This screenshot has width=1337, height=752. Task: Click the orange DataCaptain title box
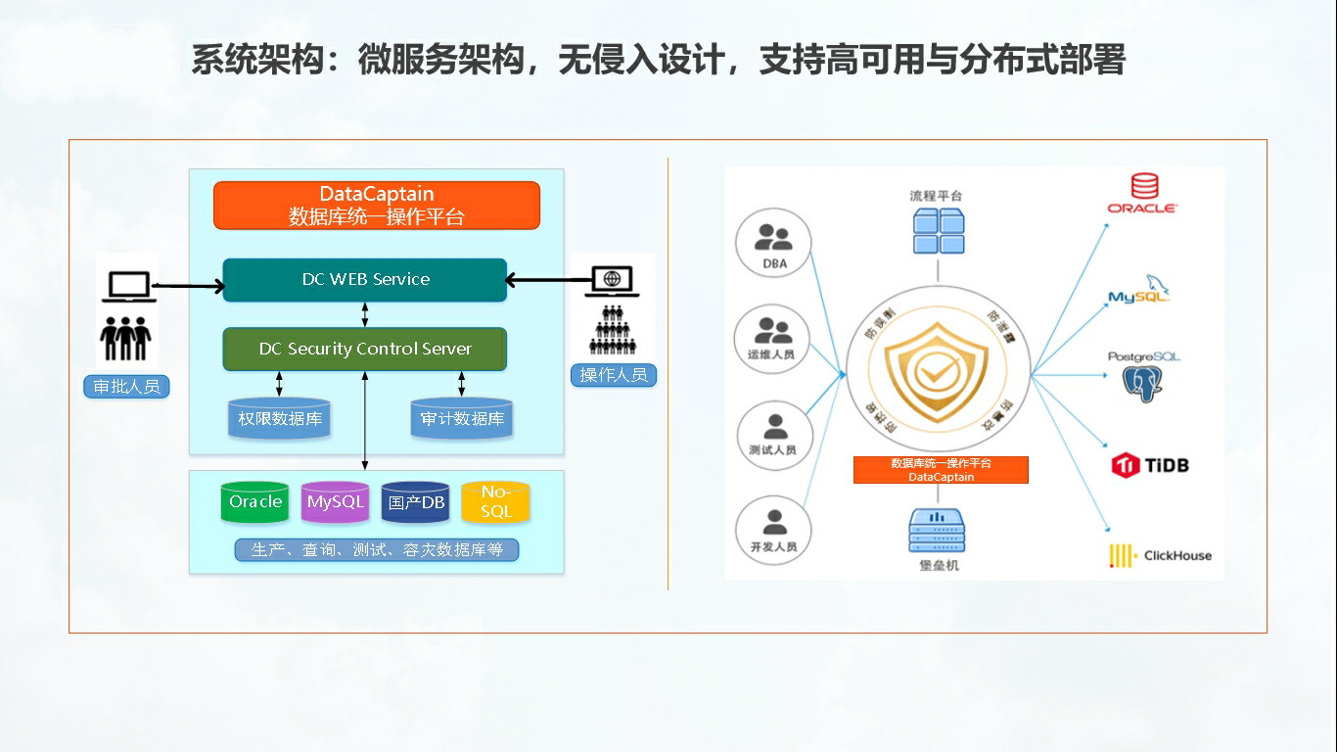(377, 206)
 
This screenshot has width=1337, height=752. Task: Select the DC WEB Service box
(365, 280)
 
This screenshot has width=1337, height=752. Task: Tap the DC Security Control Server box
(365, 350)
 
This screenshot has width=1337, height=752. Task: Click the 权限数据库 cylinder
(279, 419)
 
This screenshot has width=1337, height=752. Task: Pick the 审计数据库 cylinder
(462, 419)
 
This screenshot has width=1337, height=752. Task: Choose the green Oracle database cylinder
(255, 502)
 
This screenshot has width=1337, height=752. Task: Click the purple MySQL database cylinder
(335, 502)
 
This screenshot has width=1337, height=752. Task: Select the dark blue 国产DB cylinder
(416, 502)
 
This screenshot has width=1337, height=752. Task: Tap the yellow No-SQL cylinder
(495, 502)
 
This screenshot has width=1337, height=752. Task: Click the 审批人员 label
(126, 387)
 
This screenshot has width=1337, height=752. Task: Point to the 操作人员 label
(614, 374)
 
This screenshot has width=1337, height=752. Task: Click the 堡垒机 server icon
(937, 530)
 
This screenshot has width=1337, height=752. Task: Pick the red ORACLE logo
(1142, 194)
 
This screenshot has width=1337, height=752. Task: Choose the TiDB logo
(1150, 465)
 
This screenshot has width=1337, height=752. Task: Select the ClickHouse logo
(1160, 555)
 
